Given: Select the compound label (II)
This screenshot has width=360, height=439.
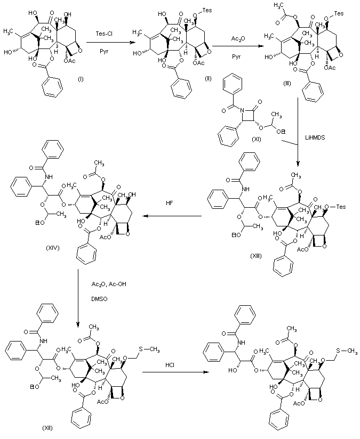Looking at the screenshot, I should (209, 78).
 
